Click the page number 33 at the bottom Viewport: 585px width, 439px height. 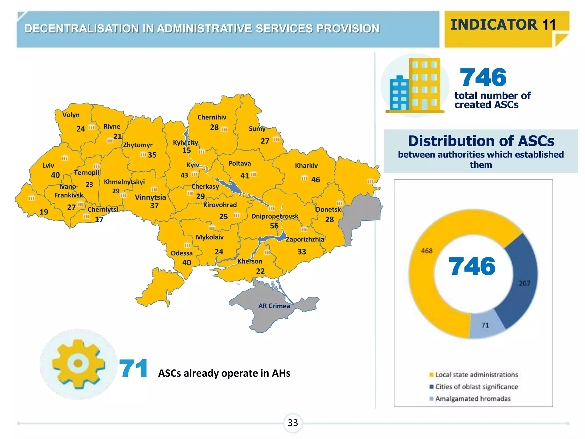293,423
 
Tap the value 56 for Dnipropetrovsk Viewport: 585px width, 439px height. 274,226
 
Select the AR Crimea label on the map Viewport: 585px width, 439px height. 274,306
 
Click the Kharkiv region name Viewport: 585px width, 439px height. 306,165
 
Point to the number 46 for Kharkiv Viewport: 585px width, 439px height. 315,179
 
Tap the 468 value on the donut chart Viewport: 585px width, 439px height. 427,251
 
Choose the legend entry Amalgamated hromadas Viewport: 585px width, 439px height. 473,399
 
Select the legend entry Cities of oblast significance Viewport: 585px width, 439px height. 476,387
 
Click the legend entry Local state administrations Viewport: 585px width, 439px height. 476,375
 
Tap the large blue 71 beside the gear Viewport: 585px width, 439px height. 133,369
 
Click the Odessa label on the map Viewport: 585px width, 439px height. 182,253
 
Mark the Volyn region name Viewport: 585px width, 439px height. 71,115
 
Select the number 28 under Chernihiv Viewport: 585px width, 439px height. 214,127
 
